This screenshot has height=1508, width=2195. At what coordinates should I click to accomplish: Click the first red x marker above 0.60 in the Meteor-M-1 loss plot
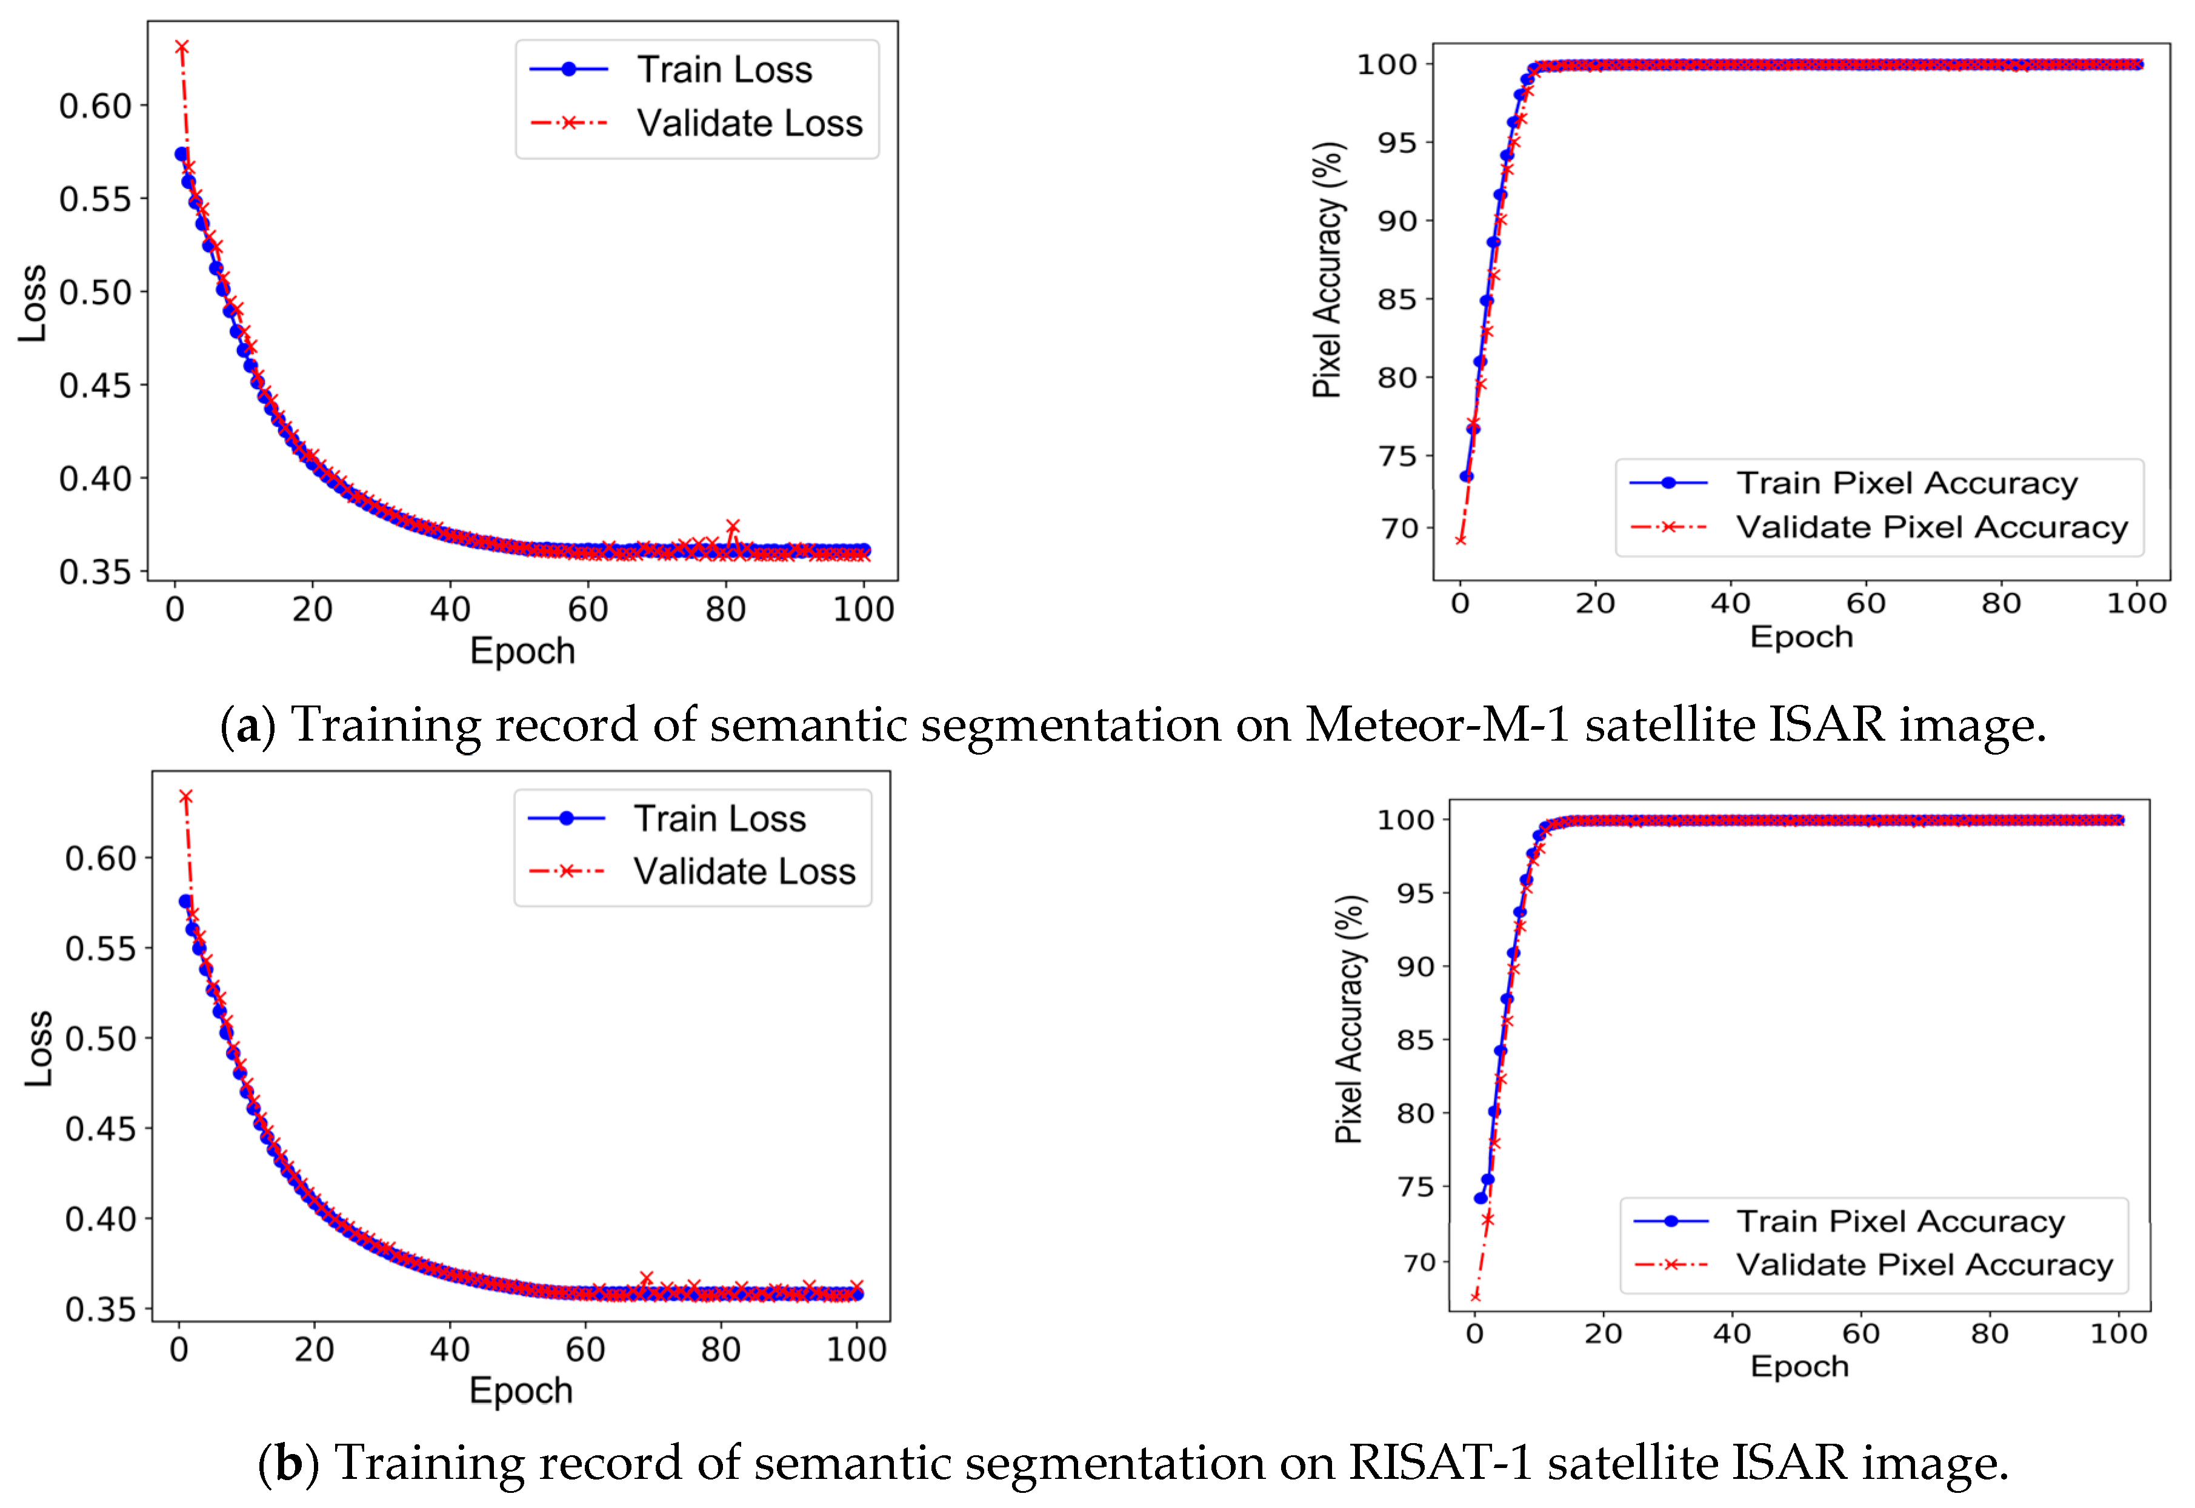pos(181,47)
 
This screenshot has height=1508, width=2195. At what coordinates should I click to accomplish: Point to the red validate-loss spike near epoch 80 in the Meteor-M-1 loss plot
pos(732,526)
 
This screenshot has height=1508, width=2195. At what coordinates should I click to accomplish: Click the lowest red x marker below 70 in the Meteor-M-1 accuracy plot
pos(1460,539)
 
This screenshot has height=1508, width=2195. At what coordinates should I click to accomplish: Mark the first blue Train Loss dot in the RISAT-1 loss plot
pos(185,901)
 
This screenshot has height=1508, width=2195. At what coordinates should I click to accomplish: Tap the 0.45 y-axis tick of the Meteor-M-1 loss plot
pos(95,385)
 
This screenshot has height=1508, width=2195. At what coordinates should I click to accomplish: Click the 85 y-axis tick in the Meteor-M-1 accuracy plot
pos(1397,299)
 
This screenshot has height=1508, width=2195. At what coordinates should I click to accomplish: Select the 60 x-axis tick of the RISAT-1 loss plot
pos(585,1349)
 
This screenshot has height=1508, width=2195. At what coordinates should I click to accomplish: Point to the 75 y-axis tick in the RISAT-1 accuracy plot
pos(1416,1187)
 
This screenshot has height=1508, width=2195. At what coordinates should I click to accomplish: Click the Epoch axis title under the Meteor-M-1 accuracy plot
pos(1801,637)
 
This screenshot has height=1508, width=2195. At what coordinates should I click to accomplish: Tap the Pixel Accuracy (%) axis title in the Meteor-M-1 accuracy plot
pos(1327,270)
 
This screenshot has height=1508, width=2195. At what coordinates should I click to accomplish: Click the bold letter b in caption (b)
pos(288,1463)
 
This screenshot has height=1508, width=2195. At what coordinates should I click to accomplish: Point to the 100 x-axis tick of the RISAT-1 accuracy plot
pos(2119,1333)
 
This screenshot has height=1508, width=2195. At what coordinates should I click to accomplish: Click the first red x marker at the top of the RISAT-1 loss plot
pos(186,798)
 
